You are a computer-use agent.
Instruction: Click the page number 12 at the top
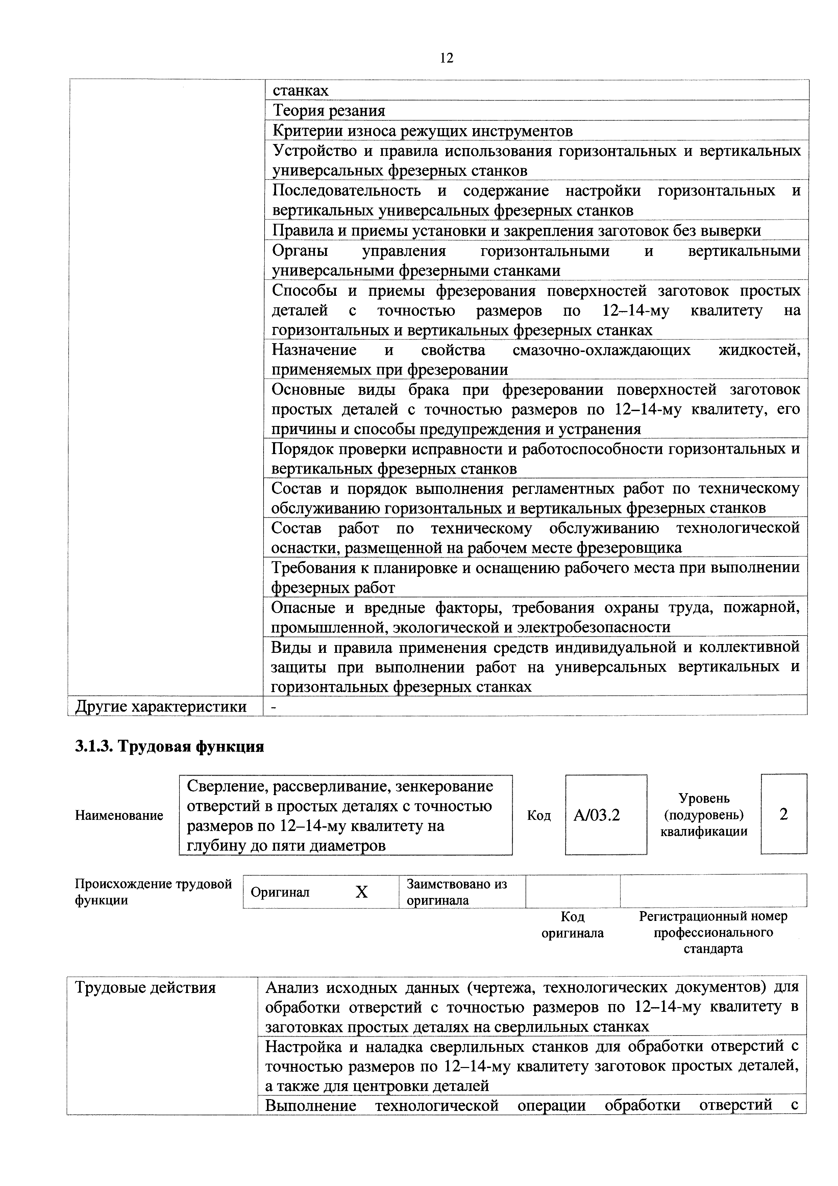[x=447, y=58]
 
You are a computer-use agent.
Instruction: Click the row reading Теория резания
[x=329, y=111]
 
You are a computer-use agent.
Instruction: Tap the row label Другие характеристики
[x=161, y=706]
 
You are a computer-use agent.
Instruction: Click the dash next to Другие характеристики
[x=274, y=706]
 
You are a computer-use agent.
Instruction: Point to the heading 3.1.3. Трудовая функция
[x=169, y=746]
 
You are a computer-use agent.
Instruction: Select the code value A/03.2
[x=596, y=815]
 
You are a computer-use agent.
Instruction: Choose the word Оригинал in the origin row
[x=280, y=892]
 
